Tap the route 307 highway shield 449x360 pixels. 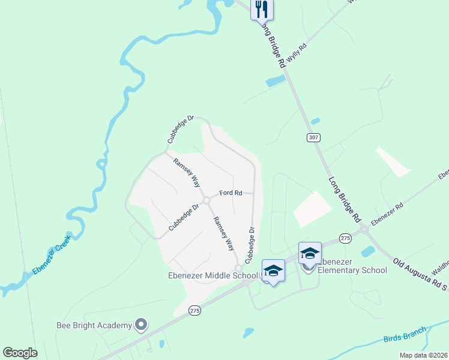pyautogui.click(x=313, y=137)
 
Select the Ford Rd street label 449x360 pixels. pyautogui.click(x=231, y=193)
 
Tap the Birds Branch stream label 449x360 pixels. pyautogui.click(x=405, y=335)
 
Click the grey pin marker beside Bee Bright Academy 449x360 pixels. pyautogui.click(x=142, y=325)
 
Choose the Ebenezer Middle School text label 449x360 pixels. pyautogui.click(x=212, y=275)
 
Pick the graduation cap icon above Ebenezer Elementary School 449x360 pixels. pyautogui.click(x=310, y=253)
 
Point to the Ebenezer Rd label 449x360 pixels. pyautogui.click(x=387, y=214)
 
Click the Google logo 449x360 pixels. pyautogui.click(x=20, y=353)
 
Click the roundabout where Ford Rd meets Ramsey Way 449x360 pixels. pyautogui.click(x=206, y=200)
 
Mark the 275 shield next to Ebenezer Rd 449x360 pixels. pyautogui.click(x=345, y=238)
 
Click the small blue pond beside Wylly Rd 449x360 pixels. pyautogui.click(x=276, y=80)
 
